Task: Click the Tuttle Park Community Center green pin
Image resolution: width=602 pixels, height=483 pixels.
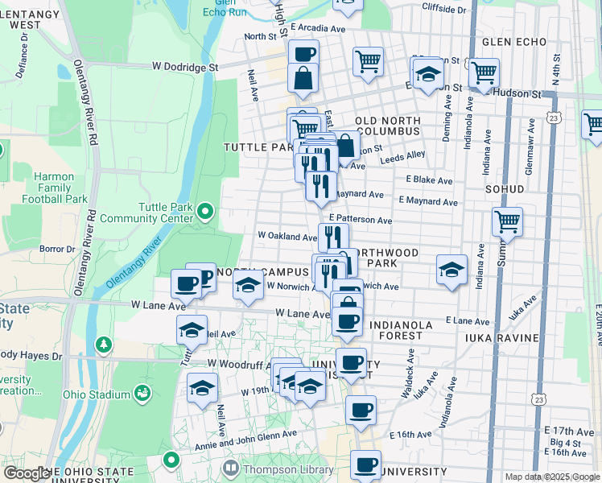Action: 205,213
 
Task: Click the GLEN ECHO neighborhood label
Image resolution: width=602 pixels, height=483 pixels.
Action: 514,42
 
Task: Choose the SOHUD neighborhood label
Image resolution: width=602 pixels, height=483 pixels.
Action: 505,189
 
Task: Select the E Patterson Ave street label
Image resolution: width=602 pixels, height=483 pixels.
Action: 360,220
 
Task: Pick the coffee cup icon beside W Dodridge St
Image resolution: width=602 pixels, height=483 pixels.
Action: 303,54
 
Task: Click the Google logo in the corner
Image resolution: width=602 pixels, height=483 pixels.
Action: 27,474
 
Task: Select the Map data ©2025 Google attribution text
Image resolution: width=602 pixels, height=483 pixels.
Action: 552,477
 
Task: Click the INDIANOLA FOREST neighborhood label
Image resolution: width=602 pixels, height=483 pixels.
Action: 384,329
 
